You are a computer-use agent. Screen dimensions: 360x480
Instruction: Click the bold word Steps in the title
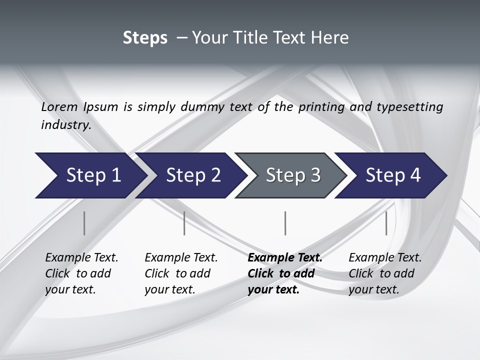pos(145,38)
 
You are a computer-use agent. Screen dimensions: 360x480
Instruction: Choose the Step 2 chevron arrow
pos(193,175)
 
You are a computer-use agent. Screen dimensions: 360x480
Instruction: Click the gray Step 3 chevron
pos(292,175)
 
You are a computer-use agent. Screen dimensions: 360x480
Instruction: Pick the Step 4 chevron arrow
pos(393,175)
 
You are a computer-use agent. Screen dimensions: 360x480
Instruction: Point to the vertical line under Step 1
pos(84,223)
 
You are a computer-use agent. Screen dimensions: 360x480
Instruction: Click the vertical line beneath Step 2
pos(184,223)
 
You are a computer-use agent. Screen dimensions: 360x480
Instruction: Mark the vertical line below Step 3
pos(285,223)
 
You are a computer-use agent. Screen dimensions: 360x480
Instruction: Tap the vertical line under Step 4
pos(386,223)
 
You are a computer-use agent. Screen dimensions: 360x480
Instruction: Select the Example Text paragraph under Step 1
pos(81,273)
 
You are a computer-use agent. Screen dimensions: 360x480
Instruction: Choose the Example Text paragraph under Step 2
pos(180,273)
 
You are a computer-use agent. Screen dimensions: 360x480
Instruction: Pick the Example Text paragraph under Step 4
pos(384,273)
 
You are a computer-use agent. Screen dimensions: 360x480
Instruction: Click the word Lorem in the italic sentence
pos(59,107)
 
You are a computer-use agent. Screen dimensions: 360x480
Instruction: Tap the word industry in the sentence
pos(65,125)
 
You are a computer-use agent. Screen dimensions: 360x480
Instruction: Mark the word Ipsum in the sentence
pos(101,107)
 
